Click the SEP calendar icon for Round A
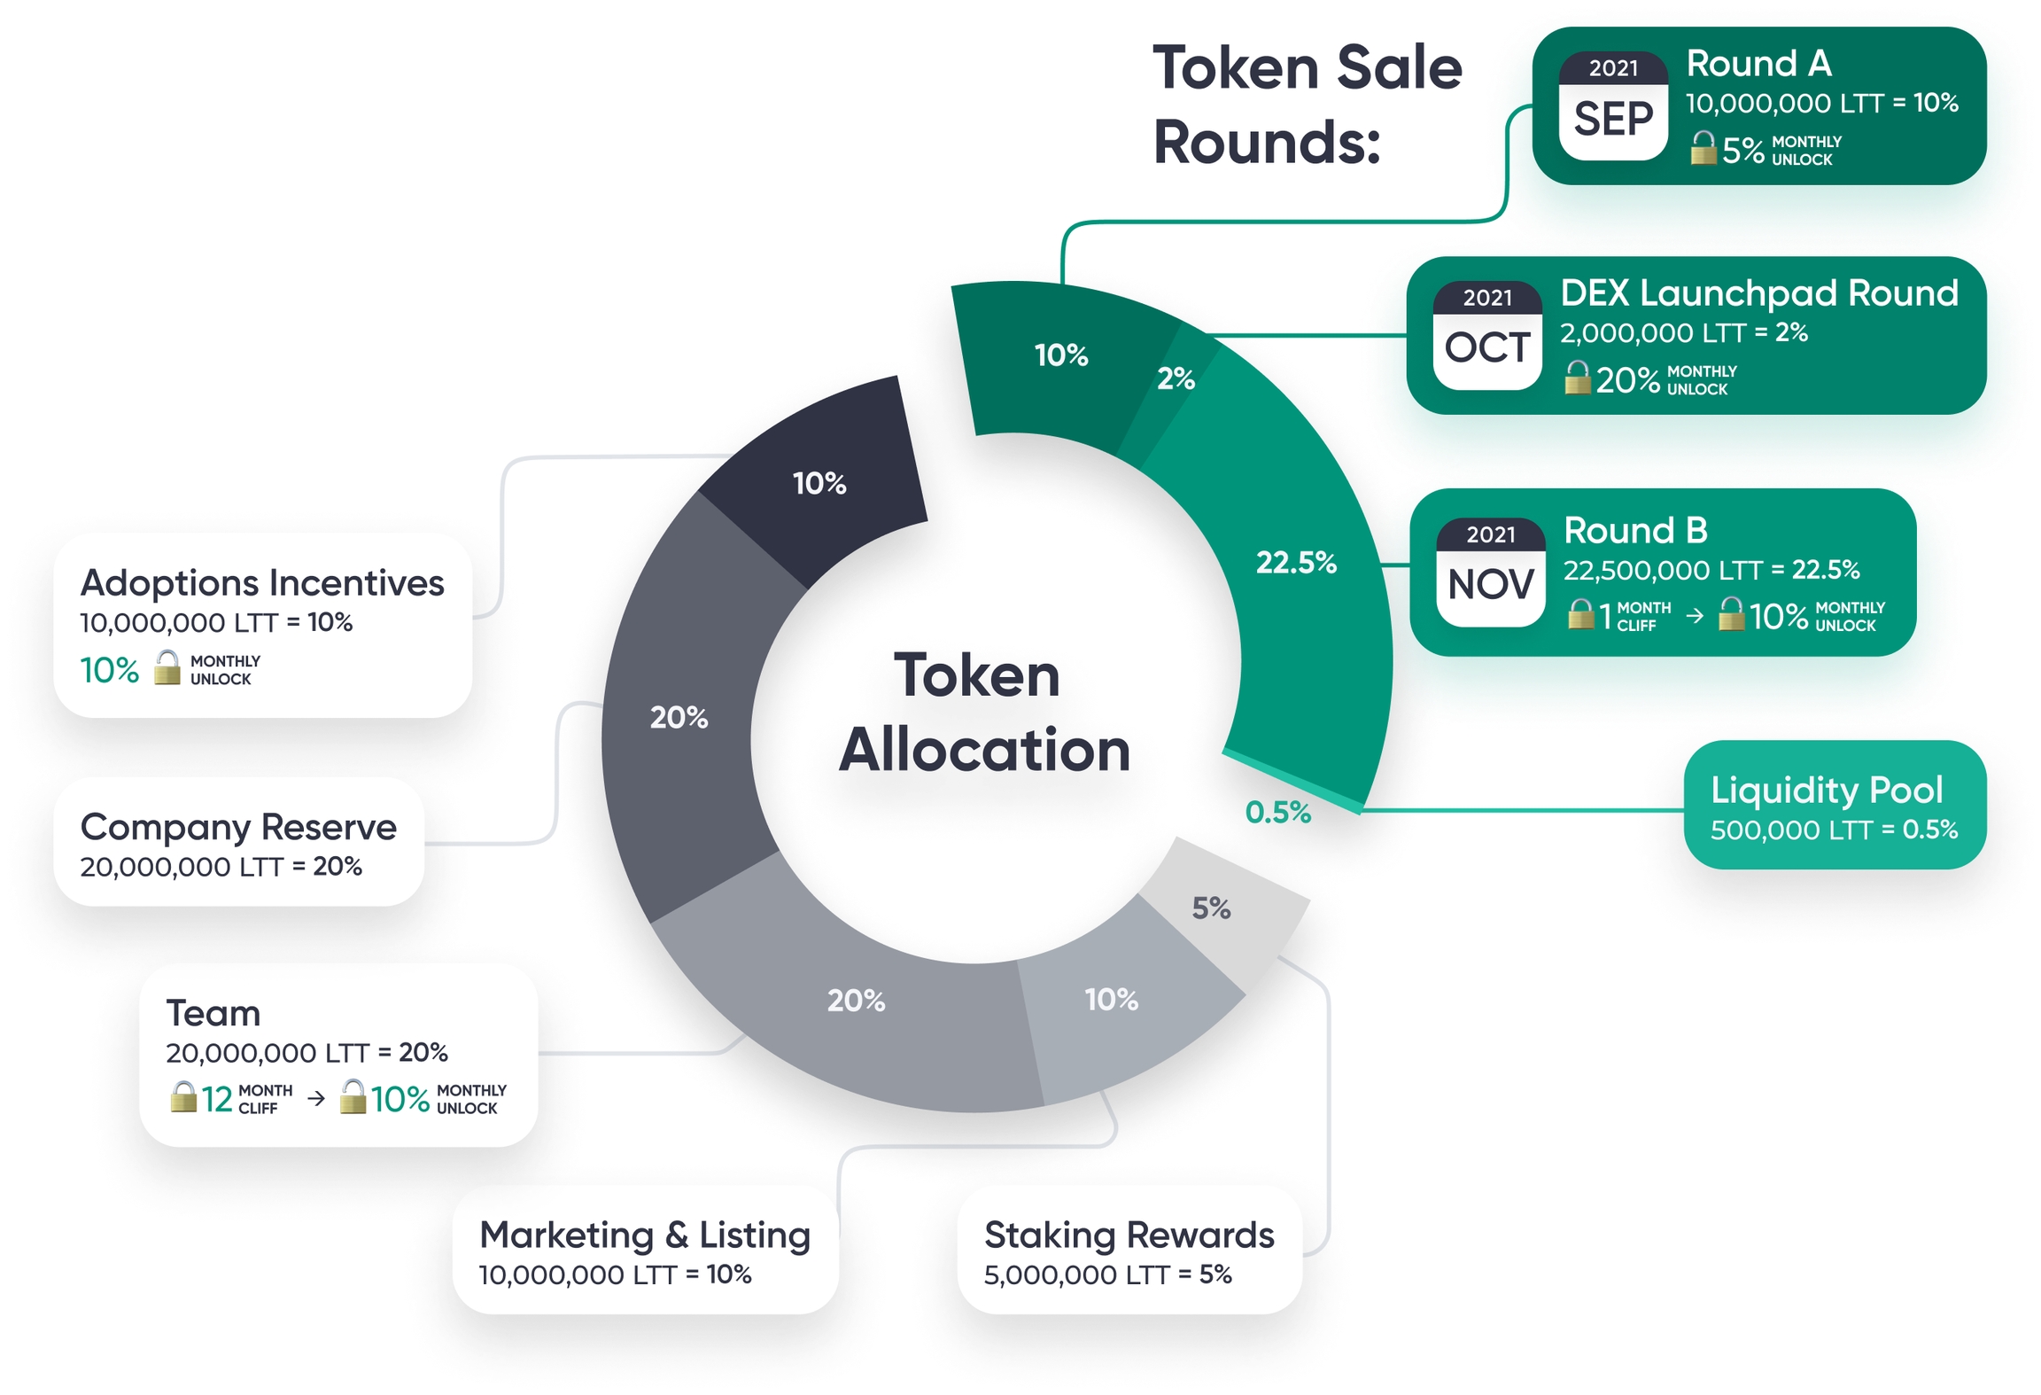(1612, 106)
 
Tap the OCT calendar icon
(1486, 336)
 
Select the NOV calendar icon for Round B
(1490, 573)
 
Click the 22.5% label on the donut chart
(1295, 562)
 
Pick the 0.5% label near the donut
(1277, 812)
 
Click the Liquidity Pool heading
(1826, 790)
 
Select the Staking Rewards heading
(1129, 1235)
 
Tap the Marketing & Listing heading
(644, 1235)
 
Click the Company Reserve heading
(238, 827)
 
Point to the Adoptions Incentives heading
(262, 583)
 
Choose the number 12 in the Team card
(217, 1100)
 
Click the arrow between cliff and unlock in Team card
(316, 1099)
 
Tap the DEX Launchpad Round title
(1758, 293)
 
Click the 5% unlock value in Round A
(1742, 151)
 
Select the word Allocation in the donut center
(984, 751)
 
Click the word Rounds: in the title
(1267, 143)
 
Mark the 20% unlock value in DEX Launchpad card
(1627, 380)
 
